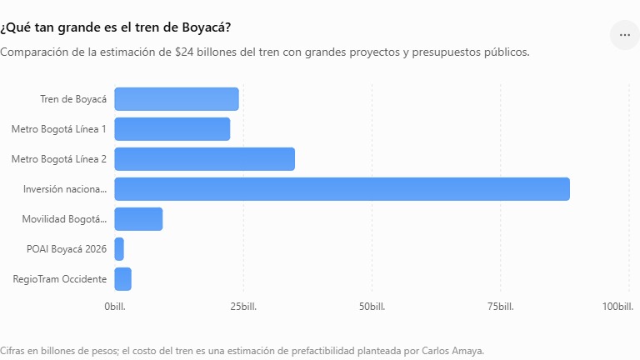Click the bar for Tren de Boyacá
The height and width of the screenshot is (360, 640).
[177, 99]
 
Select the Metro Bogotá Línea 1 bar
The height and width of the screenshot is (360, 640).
[172, 129]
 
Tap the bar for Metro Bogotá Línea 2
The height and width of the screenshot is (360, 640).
[204, 159]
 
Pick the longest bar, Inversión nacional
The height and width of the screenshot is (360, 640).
[342, 189]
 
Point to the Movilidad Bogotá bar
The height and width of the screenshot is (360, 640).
[138, 219]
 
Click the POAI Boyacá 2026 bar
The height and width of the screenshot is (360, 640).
[119, 249]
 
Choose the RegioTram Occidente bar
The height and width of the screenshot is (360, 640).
[122, 279]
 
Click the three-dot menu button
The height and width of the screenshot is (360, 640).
[625, 35]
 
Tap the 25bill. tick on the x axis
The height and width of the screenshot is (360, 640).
[243, 307]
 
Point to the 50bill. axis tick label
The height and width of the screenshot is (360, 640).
[372, 307]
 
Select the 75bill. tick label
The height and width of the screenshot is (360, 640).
[500, 307]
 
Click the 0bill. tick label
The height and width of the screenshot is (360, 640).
[115, 307]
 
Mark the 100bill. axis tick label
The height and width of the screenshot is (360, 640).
[618, 307]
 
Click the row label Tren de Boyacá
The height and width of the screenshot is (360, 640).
[73, 99]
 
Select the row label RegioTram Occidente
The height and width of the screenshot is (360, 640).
[60, 279]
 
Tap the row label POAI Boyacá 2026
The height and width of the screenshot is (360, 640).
[67, 249]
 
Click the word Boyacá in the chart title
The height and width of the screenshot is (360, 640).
[204, 27]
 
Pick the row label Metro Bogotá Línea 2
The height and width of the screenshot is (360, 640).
[59, 159]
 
